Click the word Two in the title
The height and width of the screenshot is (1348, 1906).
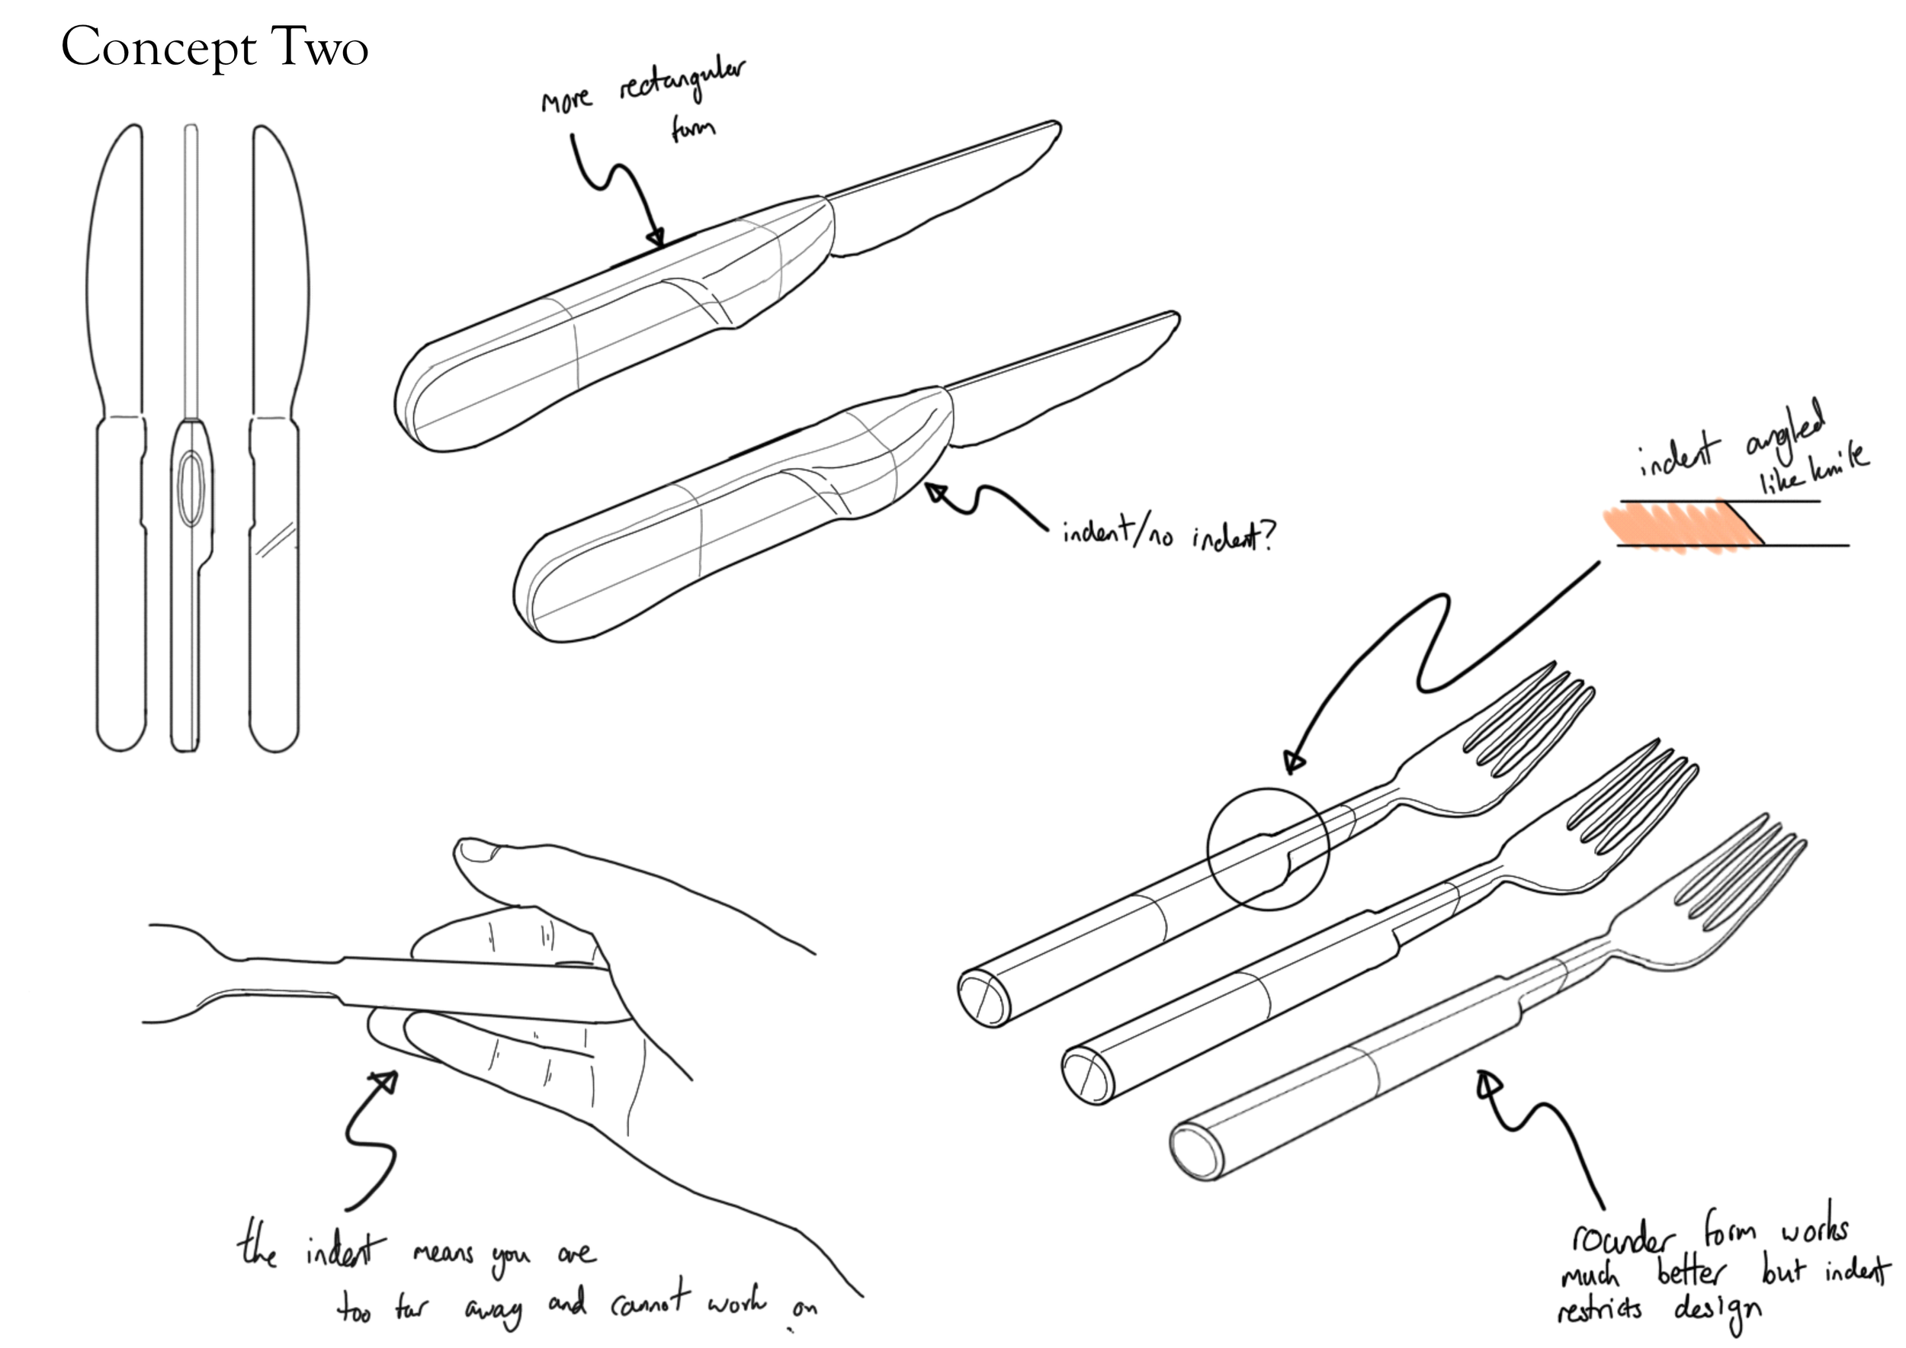coord(319,47)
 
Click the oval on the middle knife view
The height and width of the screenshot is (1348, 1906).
coord(190,489)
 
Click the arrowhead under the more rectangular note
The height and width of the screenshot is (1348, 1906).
coord(656,238)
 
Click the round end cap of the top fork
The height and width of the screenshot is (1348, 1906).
coord(983,1000)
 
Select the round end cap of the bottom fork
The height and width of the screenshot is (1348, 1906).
coord(1196,1153)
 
